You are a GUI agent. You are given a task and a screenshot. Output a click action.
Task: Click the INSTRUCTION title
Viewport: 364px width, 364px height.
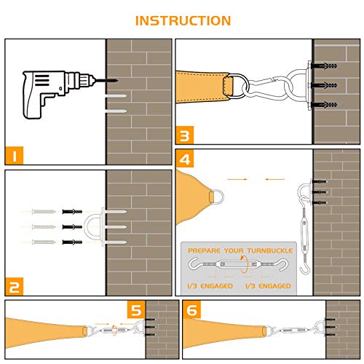[x=183, y=20]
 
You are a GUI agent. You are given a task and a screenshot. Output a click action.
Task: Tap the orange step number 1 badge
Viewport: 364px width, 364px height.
[x=14, y=155]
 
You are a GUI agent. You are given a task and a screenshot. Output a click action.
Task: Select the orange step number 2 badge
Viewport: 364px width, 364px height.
[x=14, y=286]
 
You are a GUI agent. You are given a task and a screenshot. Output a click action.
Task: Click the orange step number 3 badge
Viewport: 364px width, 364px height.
[x=185, y=135]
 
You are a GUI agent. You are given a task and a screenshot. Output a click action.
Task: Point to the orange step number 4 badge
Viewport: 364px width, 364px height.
[x=185, y=159]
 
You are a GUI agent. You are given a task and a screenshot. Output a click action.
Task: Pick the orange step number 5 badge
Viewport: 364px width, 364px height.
[x=136, y=309]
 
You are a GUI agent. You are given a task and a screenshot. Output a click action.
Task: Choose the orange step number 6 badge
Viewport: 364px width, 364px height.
[x=192, y=309]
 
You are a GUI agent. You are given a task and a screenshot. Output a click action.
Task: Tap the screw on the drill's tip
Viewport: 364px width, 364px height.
[x=107, y=80]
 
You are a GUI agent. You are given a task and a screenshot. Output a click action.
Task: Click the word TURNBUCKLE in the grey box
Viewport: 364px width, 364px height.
[x=270, y=250]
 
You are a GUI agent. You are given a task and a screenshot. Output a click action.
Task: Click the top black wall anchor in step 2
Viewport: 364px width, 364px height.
[x=72, y=212]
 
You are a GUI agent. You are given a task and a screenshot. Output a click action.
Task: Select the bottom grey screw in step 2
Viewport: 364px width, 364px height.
[x=44, y=242]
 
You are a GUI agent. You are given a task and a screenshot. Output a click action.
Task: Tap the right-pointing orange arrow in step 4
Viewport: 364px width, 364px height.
[x=237, y=179]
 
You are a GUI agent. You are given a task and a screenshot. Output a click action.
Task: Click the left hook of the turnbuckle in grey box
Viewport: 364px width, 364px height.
[x=195, y=264]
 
